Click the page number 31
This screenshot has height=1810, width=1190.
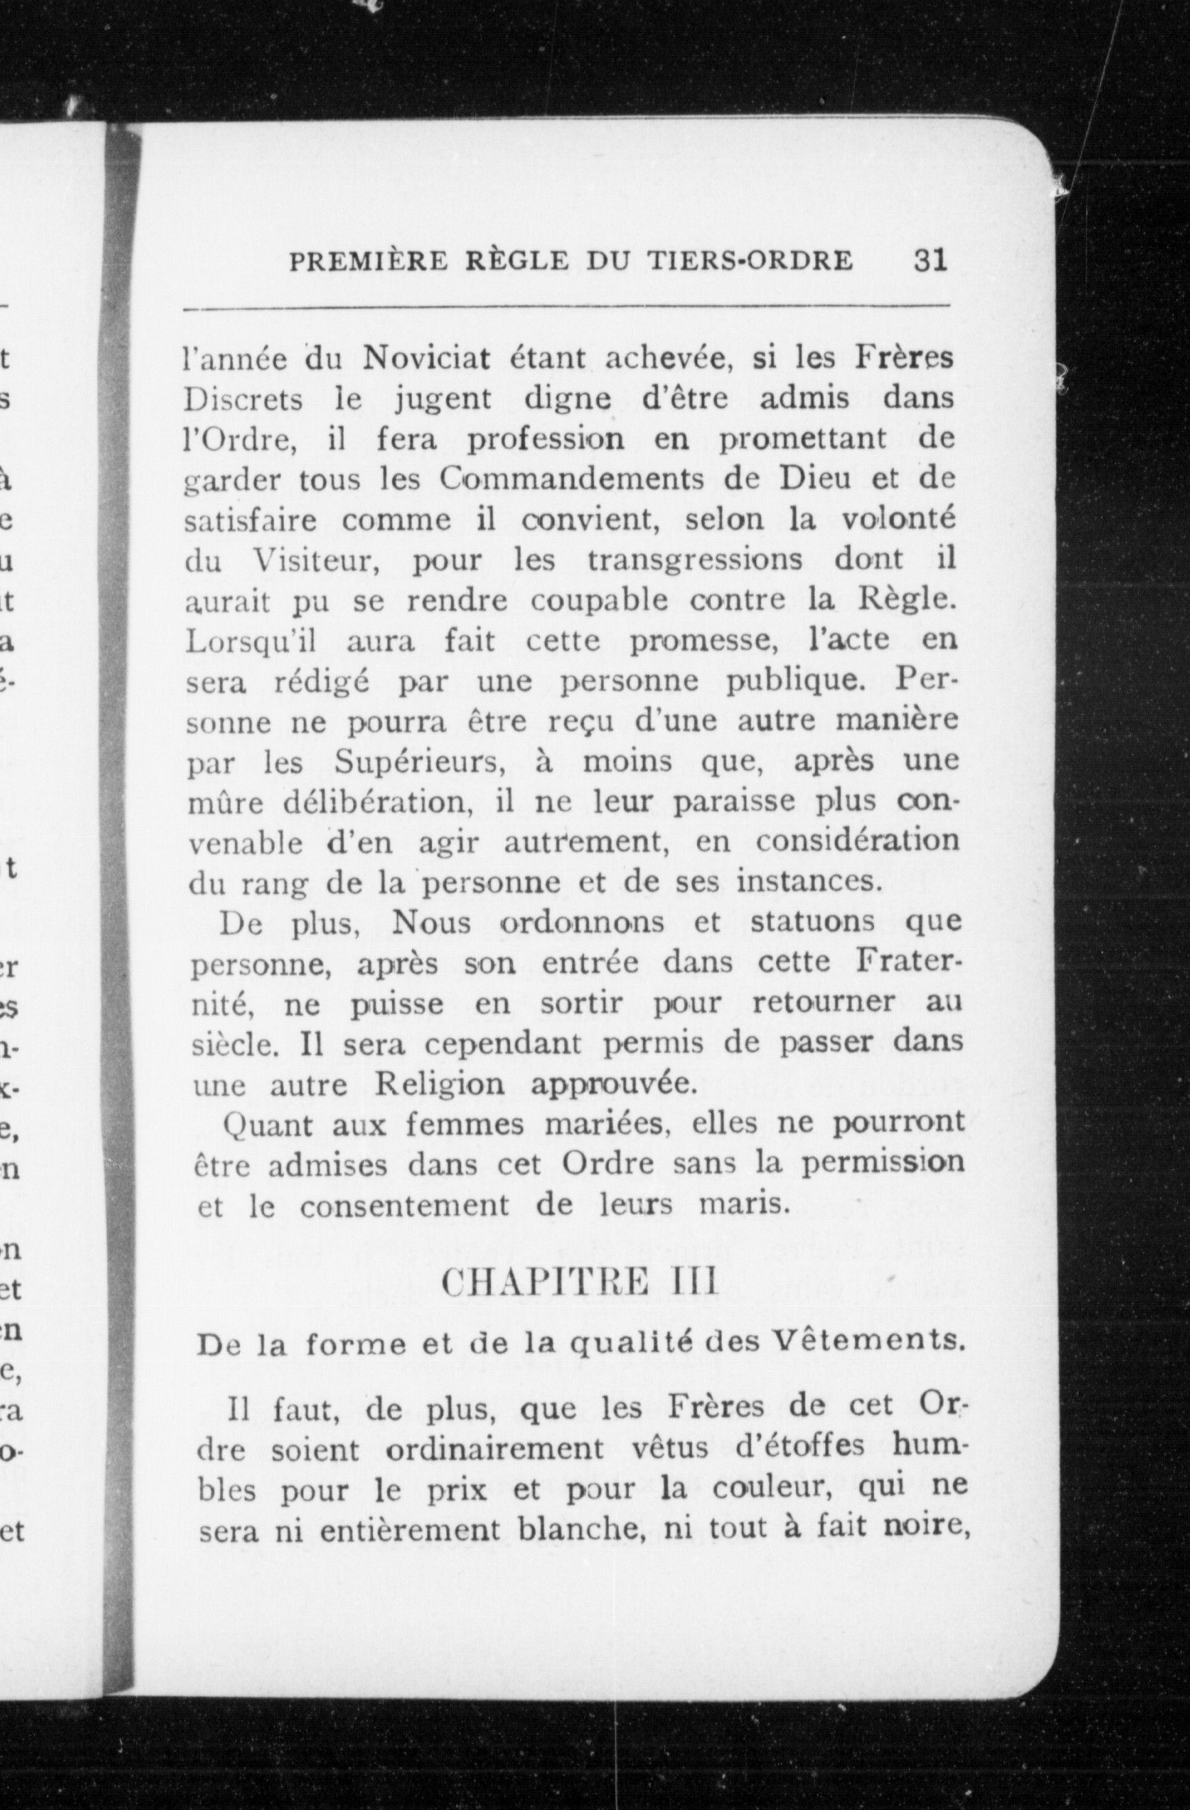point(930,261)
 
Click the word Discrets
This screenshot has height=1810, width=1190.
point(244,399)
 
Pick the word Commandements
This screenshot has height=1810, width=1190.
point(562,480)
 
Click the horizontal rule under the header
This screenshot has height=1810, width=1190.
point(566,307)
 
